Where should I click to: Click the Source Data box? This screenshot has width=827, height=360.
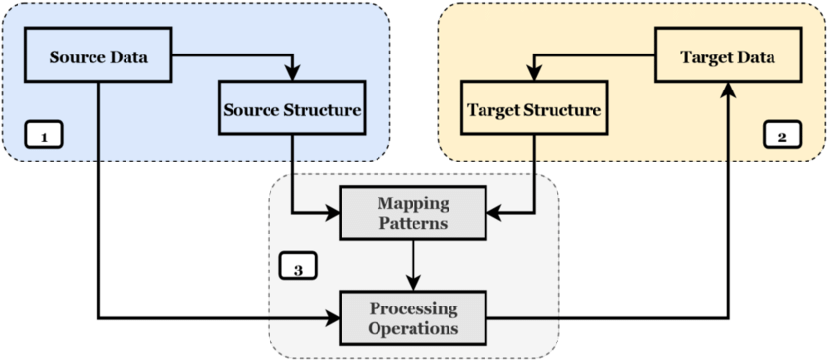pos(97,56)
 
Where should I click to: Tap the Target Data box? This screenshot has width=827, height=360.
pos(729,56)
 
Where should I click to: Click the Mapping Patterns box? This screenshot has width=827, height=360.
pos(413,212)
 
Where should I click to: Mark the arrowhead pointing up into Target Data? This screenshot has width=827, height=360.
pos(729,90)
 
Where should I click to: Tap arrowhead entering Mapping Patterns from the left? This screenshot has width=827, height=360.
pos(331,212)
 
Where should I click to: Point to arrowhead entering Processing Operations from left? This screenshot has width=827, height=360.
pos(331,316)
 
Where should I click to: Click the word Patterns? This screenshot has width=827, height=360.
pos(413,222)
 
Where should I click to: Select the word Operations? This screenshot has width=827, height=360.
pos(413,328)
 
